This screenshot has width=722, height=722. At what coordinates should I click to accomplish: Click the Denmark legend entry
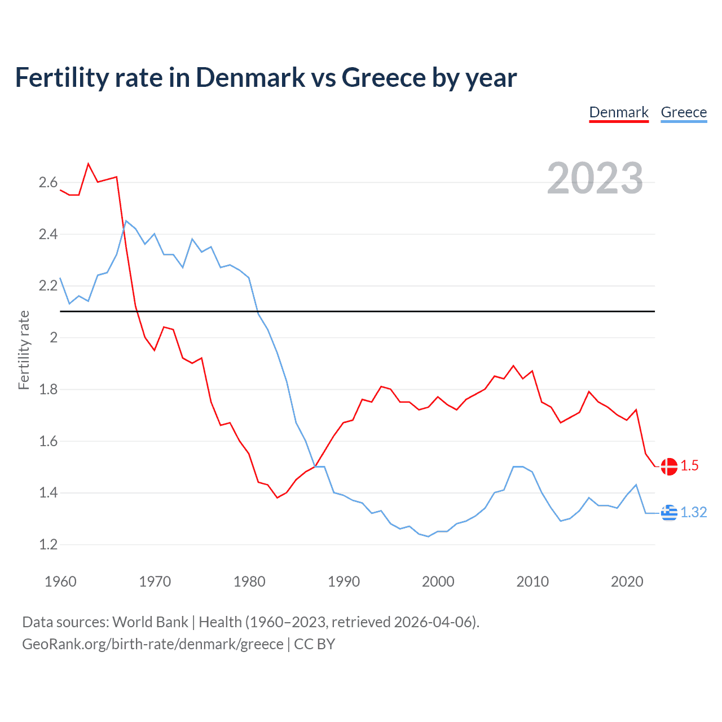(619, 112)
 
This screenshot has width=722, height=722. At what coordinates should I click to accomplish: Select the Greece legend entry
(684, 112)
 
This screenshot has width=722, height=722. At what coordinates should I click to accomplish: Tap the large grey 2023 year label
(595, 178)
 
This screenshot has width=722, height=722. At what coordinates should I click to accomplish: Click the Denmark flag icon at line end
(669, 466)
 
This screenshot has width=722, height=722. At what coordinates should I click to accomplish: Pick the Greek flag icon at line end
(669, 513)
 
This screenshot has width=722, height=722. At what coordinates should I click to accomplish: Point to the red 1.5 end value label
(689, 466)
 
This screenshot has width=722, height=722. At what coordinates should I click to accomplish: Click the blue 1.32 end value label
(693, 512)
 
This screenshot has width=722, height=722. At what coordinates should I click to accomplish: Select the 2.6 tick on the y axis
(48, 182)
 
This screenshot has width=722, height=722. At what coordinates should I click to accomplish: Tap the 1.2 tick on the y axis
(48, 545)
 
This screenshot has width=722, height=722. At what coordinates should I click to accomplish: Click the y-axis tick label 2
(54, 338)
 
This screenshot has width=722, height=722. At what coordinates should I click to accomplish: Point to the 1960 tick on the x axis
(60, 582)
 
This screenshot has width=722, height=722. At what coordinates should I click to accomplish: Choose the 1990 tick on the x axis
(344, 582)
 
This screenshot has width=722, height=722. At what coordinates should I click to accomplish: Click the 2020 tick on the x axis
(627, 582)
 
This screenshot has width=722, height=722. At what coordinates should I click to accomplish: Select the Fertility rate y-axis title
(24, 350)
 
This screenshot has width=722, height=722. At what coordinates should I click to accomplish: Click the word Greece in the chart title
(383, 77)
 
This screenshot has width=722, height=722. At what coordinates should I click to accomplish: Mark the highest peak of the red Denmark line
(89, 164)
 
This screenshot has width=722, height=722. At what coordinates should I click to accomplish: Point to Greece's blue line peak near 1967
(126, 221)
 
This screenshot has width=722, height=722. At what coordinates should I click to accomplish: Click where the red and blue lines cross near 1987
(315, 466)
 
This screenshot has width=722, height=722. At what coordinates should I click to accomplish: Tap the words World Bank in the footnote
(150, 622)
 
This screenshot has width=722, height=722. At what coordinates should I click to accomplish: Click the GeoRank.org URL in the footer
(152, 644)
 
